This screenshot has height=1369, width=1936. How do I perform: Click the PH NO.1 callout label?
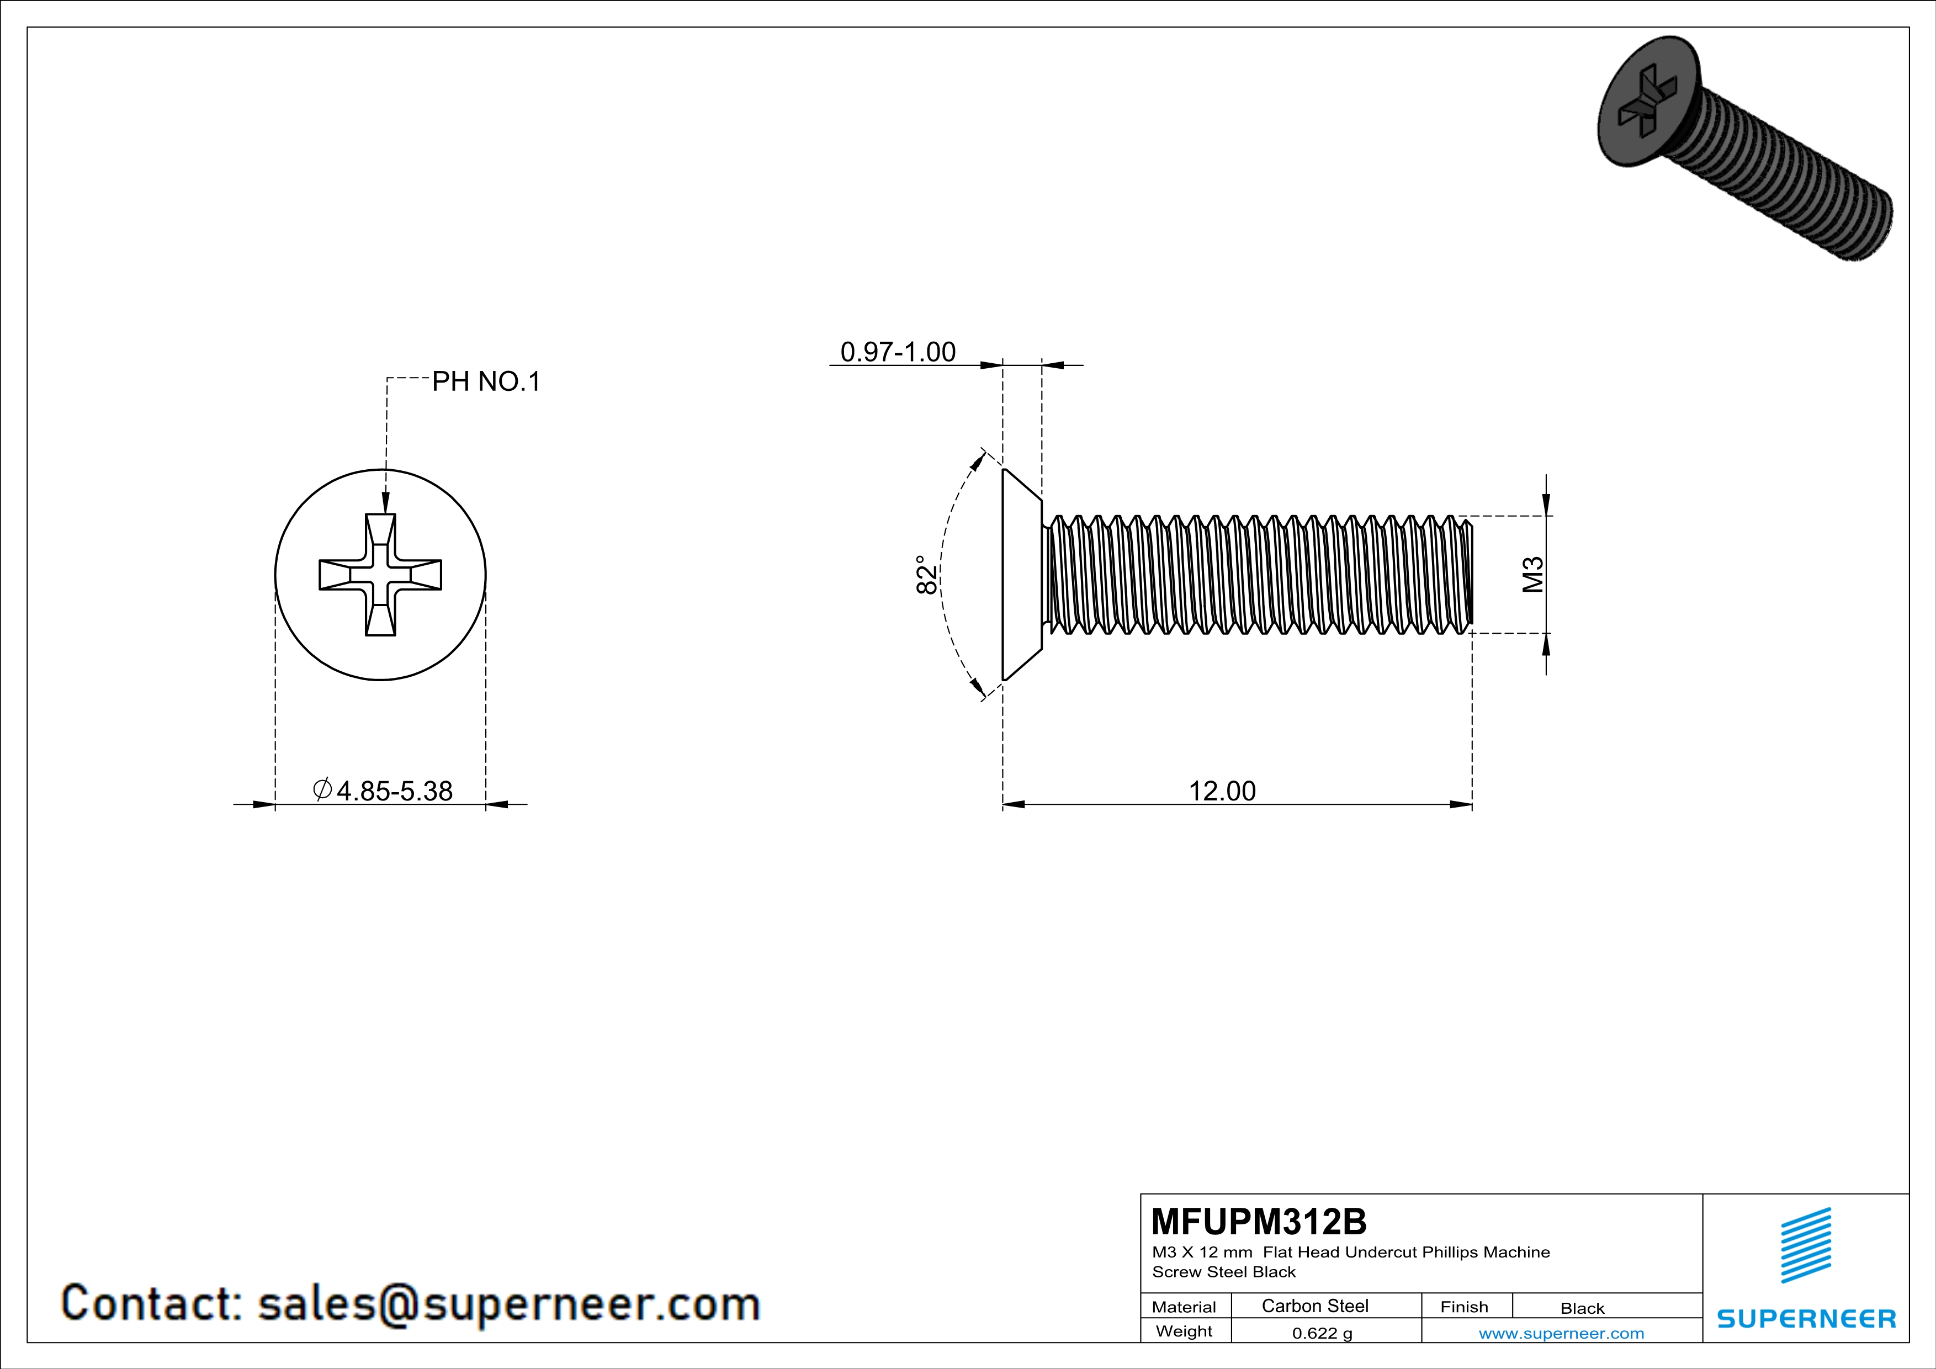pyautogui.click(x=486, y=382)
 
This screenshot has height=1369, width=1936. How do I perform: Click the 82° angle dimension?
pyautogui.click(x=926, y=574)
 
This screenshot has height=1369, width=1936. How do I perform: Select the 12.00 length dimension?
pyautogui.click(x=1222, y=790)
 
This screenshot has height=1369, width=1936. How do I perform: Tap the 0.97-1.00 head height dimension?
pyautogui.click(x=898, y=352)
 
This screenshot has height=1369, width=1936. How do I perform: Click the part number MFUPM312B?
pyautogui.click(x=1258, y=1221)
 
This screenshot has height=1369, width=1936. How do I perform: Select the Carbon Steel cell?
pyautogui.click(x=1314, y=1306)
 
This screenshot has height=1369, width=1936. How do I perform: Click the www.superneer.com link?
pyautogui.click(x=1561, y=1333)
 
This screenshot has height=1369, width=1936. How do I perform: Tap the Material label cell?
pyautogui.click(x=1184, y=1307)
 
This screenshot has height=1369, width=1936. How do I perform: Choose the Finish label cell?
pyautogui.click(x=1464, y=1307)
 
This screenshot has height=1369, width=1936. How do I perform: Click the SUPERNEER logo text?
pyautogui.click(x=1806, y=1318)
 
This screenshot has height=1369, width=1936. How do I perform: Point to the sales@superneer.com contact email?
pyautogui.click(x=508, y=1303)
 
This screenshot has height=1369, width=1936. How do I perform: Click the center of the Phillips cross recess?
pyautogui.click(x=380, y=574)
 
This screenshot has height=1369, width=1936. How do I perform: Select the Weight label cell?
pyautogui.click(x=1184, y=1331)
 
